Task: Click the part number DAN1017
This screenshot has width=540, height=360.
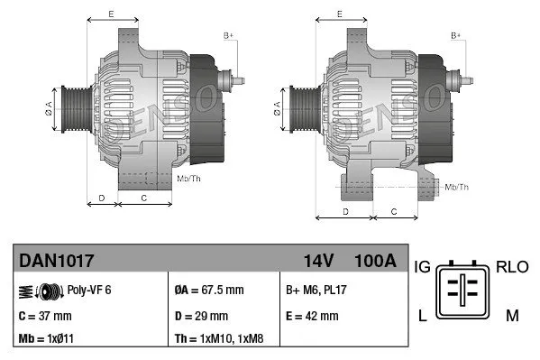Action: (57, 261)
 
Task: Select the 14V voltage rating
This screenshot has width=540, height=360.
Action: (318, 261)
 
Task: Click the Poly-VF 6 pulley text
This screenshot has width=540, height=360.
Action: (89, 290)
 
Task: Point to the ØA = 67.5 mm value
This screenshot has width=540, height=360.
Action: (208, 290)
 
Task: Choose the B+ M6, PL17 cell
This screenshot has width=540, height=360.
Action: (317, 290)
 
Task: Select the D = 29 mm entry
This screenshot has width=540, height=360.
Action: (201, 316)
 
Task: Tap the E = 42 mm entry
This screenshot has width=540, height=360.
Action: (312, 316)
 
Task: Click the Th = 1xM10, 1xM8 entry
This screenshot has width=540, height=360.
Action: (220, 340)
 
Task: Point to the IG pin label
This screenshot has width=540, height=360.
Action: (422, 267)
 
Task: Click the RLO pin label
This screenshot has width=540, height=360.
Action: (512, 267)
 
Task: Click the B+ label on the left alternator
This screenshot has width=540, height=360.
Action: (228, 35)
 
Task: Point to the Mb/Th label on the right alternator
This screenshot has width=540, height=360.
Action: (456, 187)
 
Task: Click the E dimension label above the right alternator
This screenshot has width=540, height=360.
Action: (338, 14)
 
